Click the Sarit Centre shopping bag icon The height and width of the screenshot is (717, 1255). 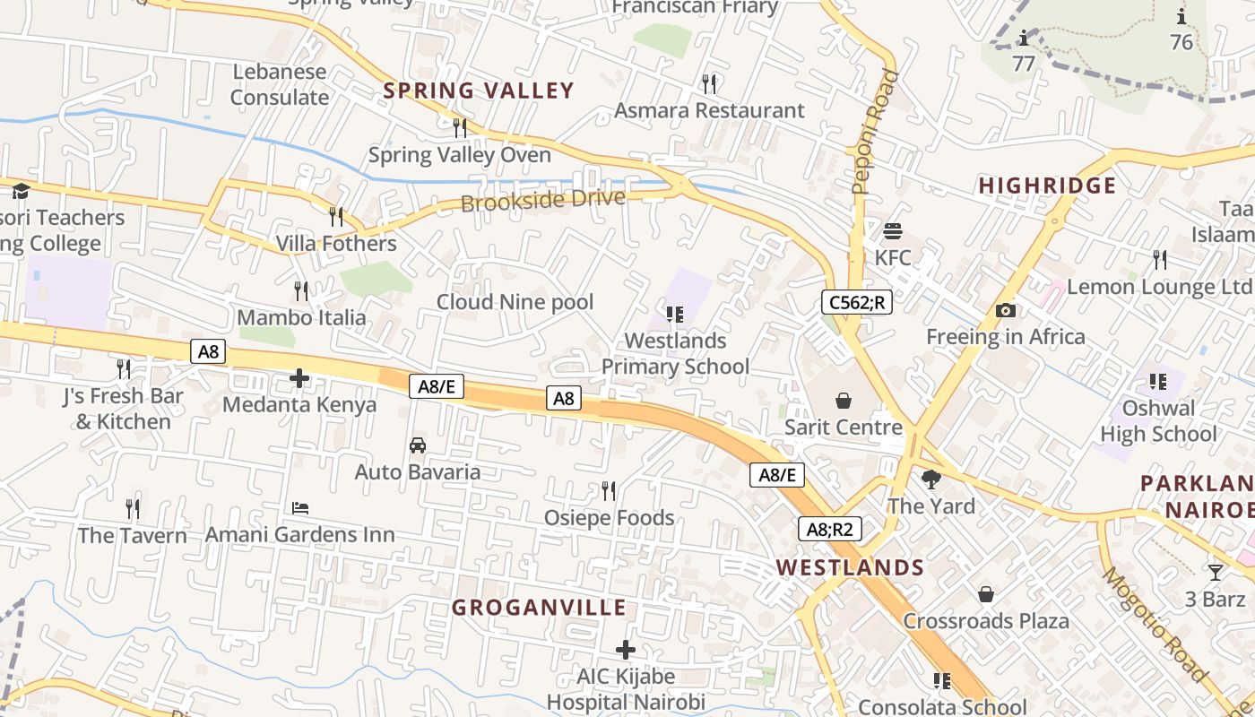[843, 400]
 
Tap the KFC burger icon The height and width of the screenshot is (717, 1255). [892, 231]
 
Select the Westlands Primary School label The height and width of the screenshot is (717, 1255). [675, 353]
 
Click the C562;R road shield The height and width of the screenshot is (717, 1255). [856, 302]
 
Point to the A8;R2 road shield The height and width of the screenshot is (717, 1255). [829, 529]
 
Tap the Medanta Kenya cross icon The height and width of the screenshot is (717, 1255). [299, 378]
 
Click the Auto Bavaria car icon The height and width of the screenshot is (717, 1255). [417, 445]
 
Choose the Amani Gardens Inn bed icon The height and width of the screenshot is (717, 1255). [300, 508]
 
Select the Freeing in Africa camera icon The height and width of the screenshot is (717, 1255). [1006, 311]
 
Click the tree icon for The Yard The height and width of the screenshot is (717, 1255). [931, 479]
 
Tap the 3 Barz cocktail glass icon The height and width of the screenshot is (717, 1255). [1216, 573]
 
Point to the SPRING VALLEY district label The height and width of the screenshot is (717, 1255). [479, 91]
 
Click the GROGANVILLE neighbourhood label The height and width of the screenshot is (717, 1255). [539, 608]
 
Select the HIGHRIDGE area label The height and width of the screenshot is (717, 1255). [1047, 186]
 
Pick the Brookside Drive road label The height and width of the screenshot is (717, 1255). [542, 200]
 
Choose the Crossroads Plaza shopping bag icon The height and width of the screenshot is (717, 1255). [985, 594]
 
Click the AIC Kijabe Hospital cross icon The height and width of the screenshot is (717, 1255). [626, 650]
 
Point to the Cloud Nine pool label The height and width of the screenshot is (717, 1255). [515, 302]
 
